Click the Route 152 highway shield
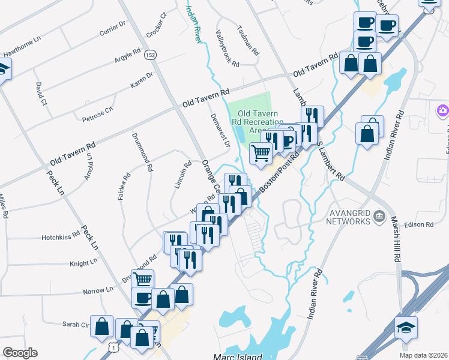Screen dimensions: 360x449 tap(149, 55)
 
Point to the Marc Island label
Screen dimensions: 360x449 tap(238, 356)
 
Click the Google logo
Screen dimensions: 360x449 tap(20, 353)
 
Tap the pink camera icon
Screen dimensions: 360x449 tap(443, 110)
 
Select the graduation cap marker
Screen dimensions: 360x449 tap(406, 328)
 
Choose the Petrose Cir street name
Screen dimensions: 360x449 tap(97, 114)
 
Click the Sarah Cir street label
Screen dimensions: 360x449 tap(76, 324)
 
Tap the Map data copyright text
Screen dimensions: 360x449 tap(423, 355)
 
